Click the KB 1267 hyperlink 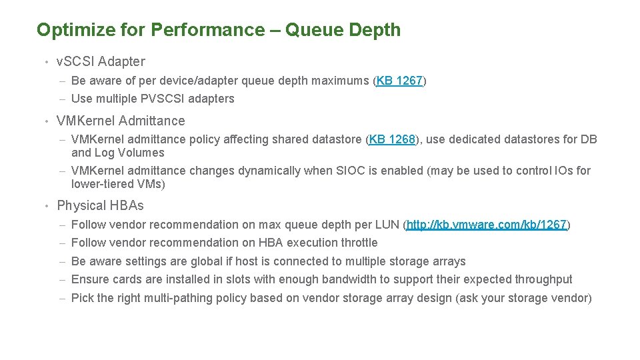[x=400, y=81]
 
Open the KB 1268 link [x=393, y=139]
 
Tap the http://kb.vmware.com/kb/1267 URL [x=487, y=225]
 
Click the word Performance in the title [x=207, y=30]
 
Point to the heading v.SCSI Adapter [x=101, y=61]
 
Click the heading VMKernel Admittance [x=121, y=121]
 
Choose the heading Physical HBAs [x=100, y=205]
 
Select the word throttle [x=359, y=243]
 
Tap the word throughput [x=543, y=279]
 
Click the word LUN [x=388, y=225]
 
